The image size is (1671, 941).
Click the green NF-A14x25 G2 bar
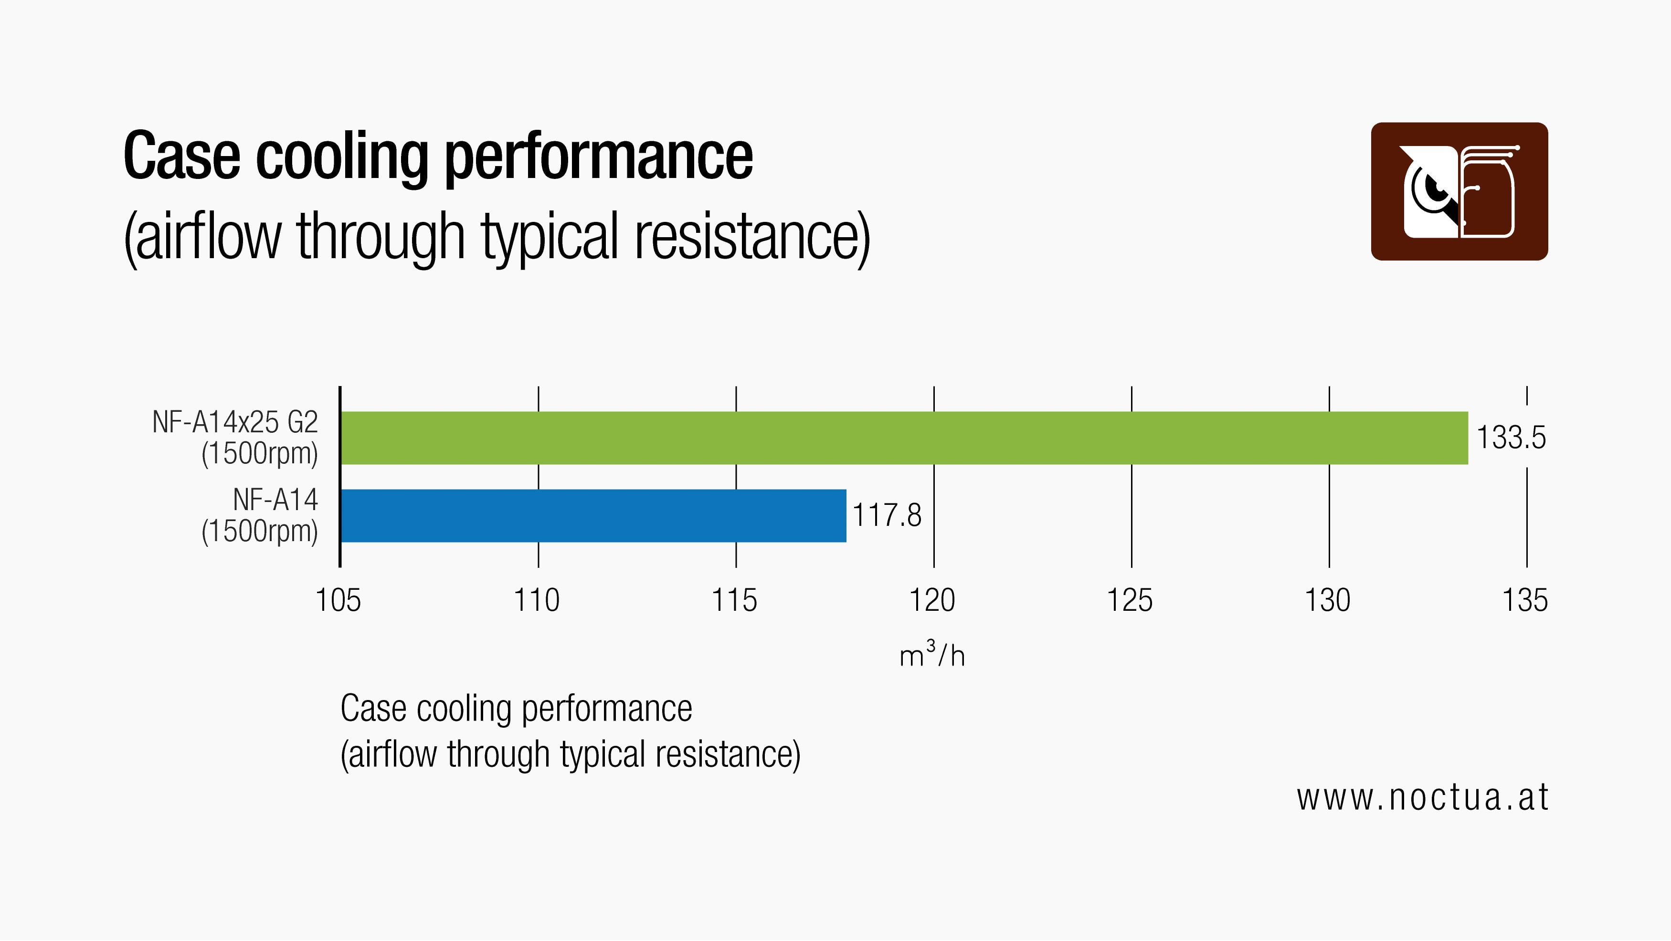tap(904, 438)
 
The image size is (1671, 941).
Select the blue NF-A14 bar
tap(593, 515)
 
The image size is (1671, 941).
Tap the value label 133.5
tap(1511, 438)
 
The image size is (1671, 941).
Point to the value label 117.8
tap(886, 515)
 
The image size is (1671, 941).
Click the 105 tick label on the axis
tap(338, 600)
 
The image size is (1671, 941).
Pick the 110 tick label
tap(537, 600)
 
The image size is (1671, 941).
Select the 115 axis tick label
tap(734, 600)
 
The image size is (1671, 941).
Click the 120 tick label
tap(932, 600)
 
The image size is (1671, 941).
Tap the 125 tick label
tap(1129, 600)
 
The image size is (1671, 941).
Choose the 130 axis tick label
tap(1327, 600)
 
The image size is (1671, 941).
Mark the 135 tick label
tap(1525, 600)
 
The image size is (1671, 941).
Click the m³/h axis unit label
tap(932, 655)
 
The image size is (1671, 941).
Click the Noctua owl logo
tap(1459, 191)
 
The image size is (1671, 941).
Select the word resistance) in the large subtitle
tap(752, 237)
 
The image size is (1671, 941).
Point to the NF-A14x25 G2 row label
tap(235, 423)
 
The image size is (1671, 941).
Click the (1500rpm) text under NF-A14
tap(259, 532)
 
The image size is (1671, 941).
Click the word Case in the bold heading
tap(181, 157)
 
